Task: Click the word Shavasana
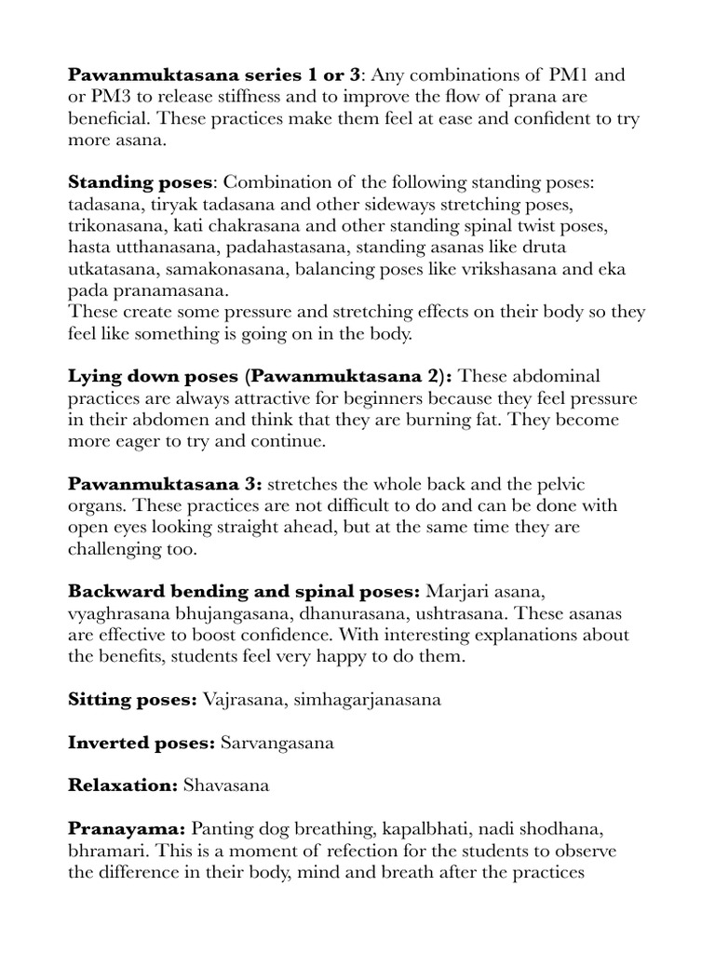click(226, 785)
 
